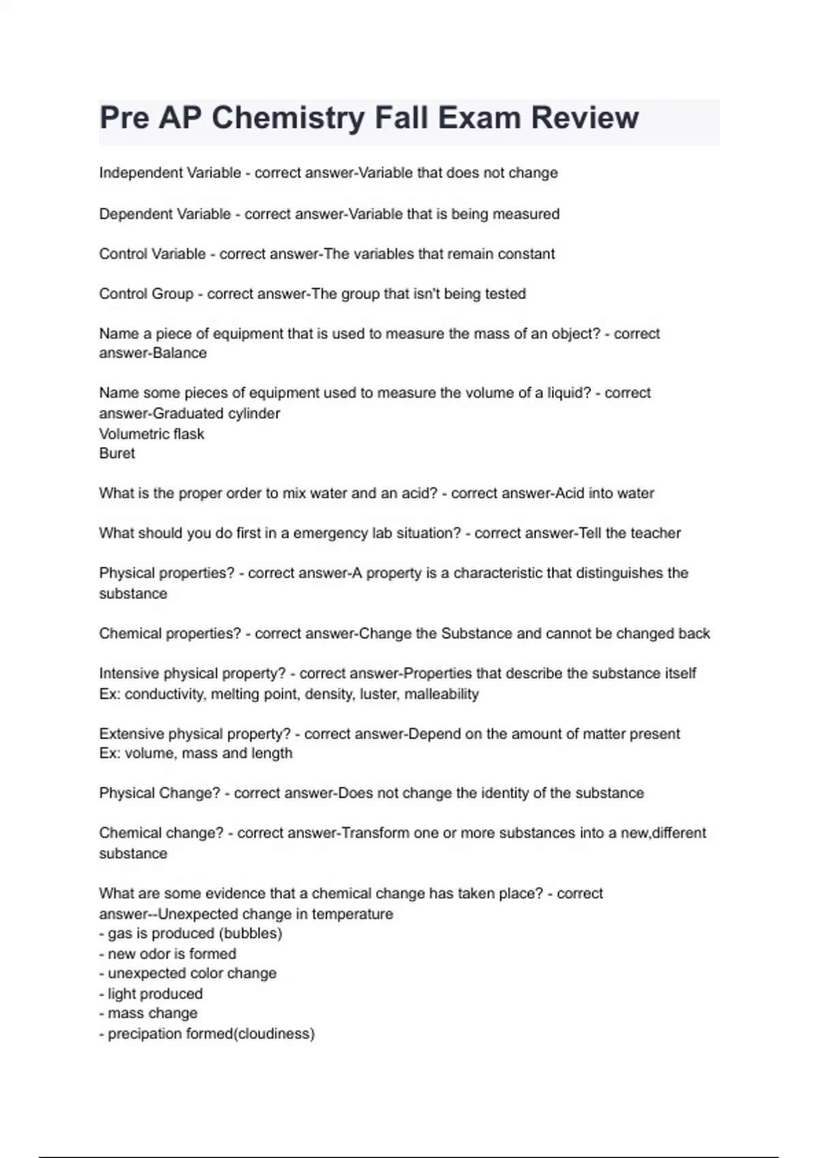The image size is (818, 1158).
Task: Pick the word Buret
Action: click(117, 454)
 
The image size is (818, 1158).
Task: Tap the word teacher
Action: click(656, 533)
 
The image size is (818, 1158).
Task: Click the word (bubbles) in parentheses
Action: click(252, 933)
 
